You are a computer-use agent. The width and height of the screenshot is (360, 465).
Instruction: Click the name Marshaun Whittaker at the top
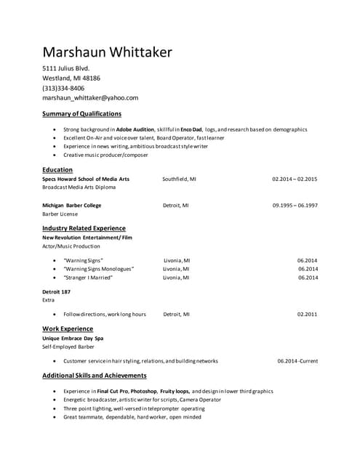[x=107, y=52]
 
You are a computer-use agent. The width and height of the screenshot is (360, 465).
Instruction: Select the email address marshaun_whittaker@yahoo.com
[x=90, y=97]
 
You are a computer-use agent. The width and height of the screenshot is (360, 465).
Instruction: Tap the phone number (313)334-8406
[x=63, y=88]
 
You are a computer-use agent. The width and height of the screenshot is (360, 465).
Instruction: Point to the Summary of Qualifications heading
[x=81, y=114]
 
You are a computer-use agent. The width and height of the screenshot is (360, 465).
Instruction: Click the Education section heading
[x=57, y=169]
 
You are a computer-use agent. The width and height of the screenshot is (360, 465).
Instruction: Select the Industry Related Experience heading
[x=84, y=228]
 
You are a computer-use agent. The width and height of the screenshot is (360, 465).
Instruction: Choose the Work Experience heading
[x=68, y=328]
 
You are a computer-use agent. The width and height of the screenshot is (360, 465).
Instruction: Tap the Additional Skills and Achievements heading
[x=95, y=376]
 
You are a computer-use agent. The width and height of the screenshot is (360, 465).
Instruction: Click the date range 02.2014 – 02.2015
[x=295, y=179]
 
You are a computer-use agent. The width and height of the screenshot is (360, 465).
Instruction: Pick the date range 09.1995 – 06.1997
[x=295, y=206]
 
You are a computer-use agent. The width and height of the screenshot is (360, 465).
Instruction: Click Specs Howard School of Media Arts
[x=86, y=179]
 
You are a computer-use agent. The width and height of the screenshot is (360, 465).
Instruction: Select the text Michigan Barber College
[x=71, y=206]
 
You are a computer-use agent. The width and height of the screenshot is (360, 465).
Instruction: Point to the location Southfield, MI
[x=179, y=179]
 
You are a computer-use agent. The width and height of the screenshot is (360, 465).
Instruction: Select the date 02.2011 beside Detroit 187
[x=308, y=315]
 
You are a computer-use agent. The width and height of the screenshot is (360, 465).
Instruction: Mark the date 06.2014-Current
[x=297, y=361]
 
